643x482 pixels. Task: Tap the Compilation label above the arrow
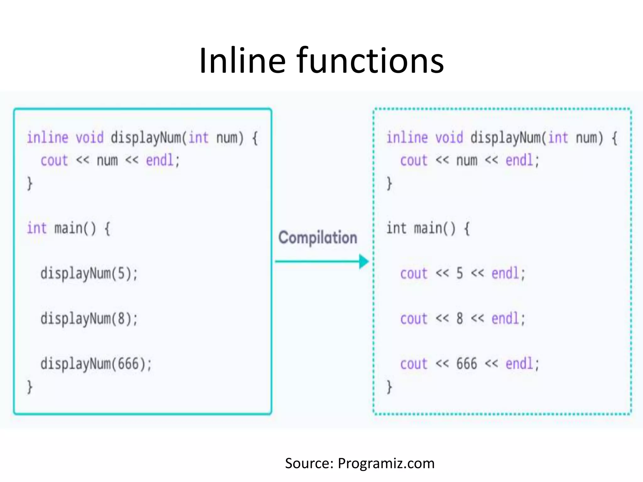coord(318,238)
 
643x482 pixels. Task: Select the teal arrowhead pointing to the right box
coord(364,261)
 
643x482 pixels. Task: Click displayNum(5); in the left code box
coord(89,273)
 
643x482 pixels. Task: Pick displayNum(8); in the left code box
coord(89,319)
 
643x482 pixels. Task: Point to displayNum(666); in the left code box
coord(96,364)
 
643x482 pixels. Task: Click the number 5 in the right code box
coord(460,273)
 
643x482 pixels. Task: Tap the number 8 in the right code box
coord(460,319)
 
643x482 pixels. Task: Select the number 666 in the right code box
coord(467,364)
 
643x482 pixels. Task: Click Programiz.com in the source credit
coord(386,463)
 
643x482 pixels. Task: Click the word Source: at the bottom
coord(309,463)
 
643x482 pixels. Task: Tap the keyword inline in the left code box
coord(47,138)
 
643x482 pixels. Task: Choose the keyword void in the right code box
coord(449,138)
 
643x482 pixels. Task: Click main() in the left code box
coord(75,228)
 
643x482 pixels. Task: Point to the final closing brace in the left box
coord(30,387)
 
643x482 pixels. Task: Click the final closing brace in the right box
coord(389,387)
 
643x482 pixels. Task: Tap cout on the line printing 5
coord(414,273)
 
